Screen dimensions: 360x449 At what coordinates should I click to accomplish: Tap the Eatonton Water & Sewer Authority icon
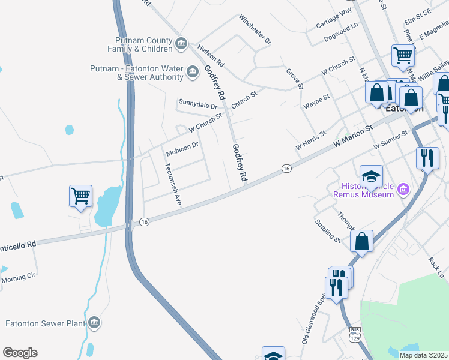click(193, 73)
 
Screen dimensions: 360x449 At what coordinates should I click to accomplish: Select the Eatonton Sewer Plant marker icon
click(94, 323)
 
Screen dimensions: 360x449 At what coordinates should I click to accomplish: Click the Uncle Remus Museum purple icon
click(403, 190)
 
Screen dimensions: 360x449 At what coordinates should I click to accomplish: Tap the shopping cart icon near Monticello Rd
click(80, 196)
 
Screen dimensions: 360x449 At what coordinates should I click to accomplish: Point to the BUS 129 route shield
click(355, 334)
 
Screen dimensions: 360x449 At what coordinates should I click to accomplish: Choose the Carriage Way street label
click(333, 19)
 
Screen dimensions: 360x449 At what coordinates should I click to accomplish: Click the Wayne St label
click(316, 101)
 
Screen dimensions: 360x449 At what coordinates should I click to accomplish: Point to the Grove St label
click(294, 79)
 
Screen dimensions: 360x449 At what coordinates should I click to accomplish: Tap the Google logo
click(20, 353)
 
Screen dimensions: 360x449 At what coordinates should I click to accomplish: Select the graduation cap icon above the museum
click(371, 176)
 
